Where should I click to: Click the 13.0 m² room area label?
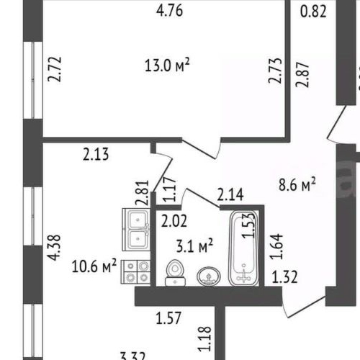click(x=167, y=66)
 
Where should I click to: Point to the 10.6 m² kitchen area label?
click(x=95, y=267)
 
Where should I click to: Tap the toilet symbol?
click(x=174, y=273)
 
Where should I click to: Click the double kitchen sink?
click(x=135, y=228)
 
